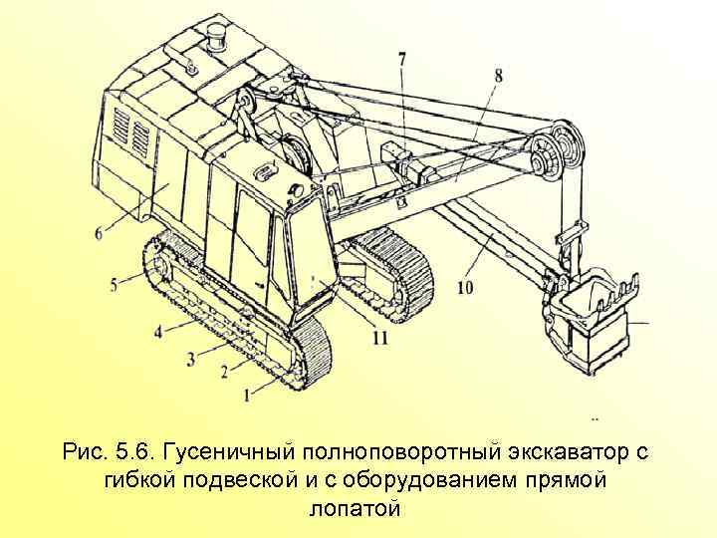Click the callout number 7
point(402,60)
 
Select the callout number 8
point(497,73)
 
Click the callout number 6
point(98,233)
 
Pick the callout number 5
point(115,285)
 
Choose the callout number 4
point(158,331)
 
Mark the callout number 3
point(190,358)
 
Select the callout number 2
point(225,372)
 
